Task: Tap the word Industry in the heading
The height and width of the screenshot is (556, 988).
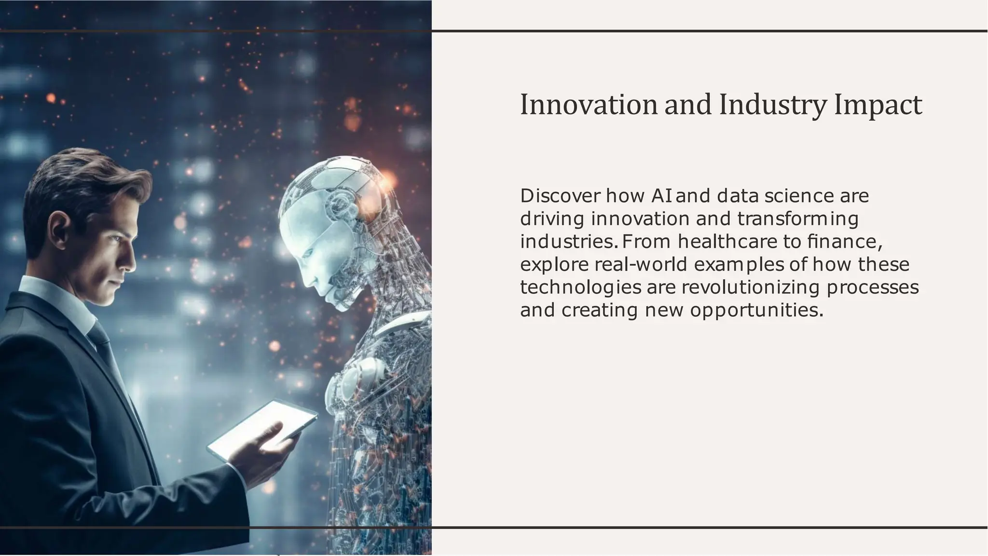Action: click(773, 105)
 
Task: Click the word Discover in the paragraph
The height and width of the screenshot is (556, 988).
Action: click(560, 196)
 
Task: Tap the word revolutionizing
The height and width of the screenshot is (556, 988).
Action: click(750, 287)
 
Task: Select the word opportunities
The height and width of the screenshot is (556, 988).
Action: click(756, 310)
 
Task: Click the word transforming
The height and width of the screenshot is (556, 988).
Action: click(798, 219)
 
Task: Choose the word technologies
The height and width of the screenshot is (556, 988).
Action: click(581, 287)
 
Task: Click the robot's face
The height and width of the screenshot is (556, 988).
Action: click(309, 251)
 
